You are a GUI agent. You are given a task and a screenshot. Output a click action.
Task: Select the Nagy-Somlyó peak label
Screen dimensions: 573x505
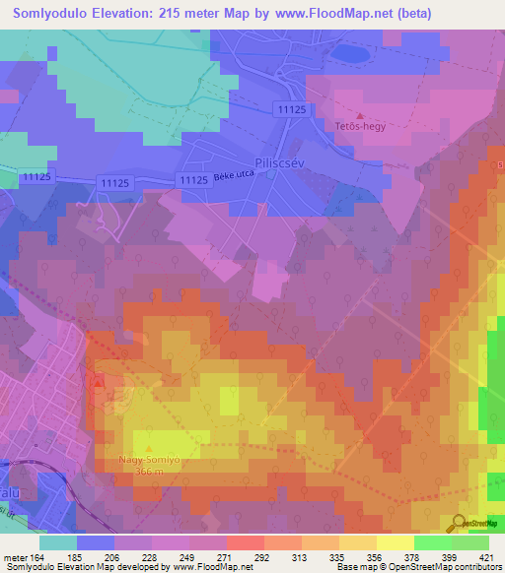pyautogui.click(x=150, y=460)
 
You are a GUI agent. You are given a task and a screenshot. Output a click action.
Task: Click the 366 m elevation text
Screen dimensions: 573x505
pyautogui.click(x=150, y=472)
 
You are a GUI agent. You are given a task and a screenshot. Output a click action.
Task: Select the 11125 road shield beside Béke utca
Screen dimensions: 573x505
pyautogui.click(x=193, y=180)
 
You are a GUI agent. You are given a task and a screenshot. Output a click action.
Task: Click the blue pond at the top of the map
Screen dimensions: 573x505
pyautogui.click(x=349, y=53)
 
